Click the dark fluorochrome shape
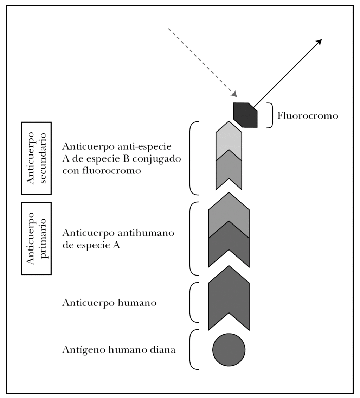(x=245, y=115)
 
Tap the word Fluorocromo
(x=308, y=115)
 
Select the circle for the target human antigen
(x=229, y=350)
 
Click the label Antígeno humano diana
(x=119, y=349)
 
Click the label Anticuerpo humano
(x=109, y=302)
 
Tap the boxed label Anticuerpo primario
(x=36, y=238)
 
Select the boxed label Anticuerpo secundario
(x=36, y=158)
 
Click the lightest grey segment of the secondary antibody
(x=229, y=139)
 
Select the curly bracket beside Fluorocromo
(x=270, y=115)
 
